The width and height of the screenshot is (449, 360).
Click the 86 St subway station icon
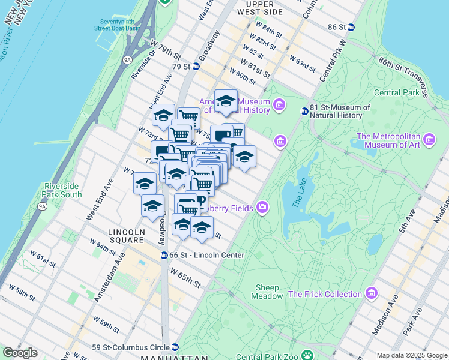351,27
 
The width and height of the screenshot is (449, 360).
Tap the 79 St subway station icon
196,66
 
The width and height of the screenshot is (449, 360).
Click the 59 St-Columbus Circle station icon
175,347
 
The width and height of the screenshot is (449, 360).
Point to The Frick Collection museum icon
372,294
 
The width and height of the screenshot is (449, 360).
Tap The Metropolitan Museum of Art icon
429,140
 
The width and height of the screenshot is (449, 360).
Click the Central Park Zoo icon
307,355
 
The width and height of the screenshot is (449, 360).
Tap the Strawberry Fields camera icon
262,208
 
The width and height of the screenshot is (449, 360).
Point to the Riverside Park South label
62,190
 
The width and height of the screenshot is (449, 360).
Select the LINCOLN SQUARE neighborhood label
126,232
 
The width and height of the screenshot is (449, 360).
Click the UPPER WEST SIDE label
260,8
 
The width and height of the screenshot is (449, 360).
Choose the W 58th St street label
30,295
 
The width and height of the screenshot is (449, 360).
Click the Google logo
20,353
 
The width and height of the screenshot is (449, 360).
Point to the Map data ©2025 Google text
412,355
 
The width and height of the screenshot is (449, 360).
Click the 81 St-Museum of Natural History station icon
304,111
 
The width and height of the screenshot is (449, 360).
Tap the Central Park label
396,92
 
